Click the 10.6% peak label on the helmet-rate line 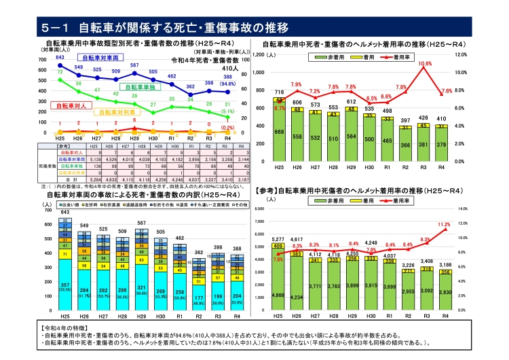425,63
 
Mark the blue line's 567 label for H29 134,65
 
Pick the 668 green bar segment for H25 279,132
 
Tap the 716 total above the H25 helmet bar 279,92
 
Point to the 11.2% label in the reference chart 445,223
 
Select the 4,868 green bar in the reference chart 279,295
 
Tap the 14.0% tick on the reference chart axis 464,209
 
